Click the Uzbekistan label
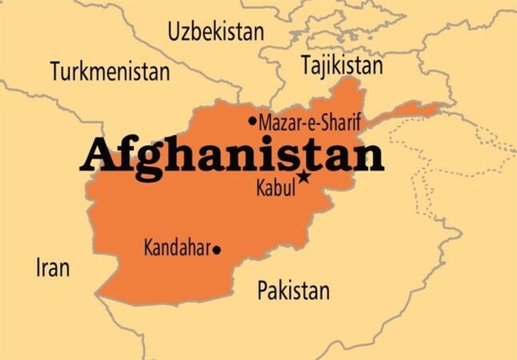pyautogui.click(x=215, y=32)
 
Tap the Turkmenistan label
pyautogui.click(x=110, y=71)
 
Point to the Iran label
pyautogui.click(x=52, y=268)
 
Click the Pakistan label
pyautogui.click(x=293, y=290)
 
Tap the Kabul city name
pyautogui.click(x=275, y=189)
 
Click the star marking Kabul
pyautogui.click(x=303, y=177)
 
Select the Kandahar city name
pyautogui.click(x=177, y=248)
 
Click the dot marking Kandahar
pyautogui.click(x=216, y=250)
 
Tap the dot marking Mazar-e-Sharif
pyautogui.click(x=253, y=122)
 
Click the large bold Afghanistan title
pyautogui.click(x=232, y=154)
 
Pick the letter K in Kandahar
pyautogui.click(x=148, y=248)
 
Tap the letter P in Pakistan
pyautogui.click(x=262, y=290)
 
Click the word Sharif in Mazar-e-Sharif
pyautogui.click(x=341, y=122)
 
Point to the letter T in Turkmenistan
pyautogui.click(x=55, y=71)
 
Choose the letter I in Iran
pyautogui.click(x=38, y=268)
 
